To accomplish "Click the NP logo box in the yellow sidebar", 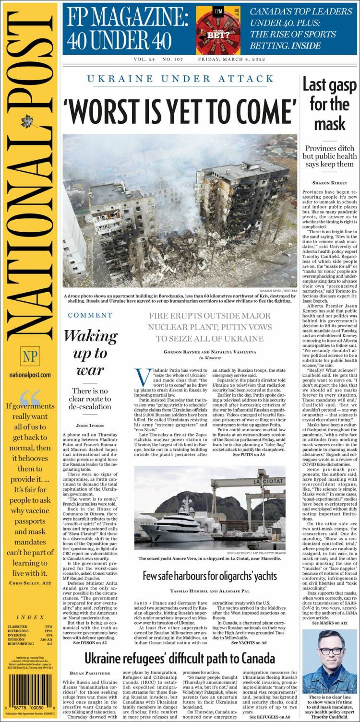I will point(30,356).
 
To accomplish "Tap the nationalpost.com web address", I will point(30,375).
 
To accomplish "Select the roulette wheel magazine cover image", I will point(218,30).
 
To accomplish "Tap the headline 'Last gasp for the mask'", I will point(329,104).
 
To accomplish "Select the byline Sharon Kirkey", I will point(329,183).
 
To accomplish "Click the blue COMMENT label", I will point(90,315).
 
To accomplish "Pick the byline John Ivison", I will point(90,426).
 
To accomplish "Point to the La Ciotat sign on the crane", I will point(268,481).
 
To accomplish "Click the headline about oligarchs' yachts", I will point(210,576).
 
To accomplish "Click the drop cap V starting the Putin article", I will point(142,377).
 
